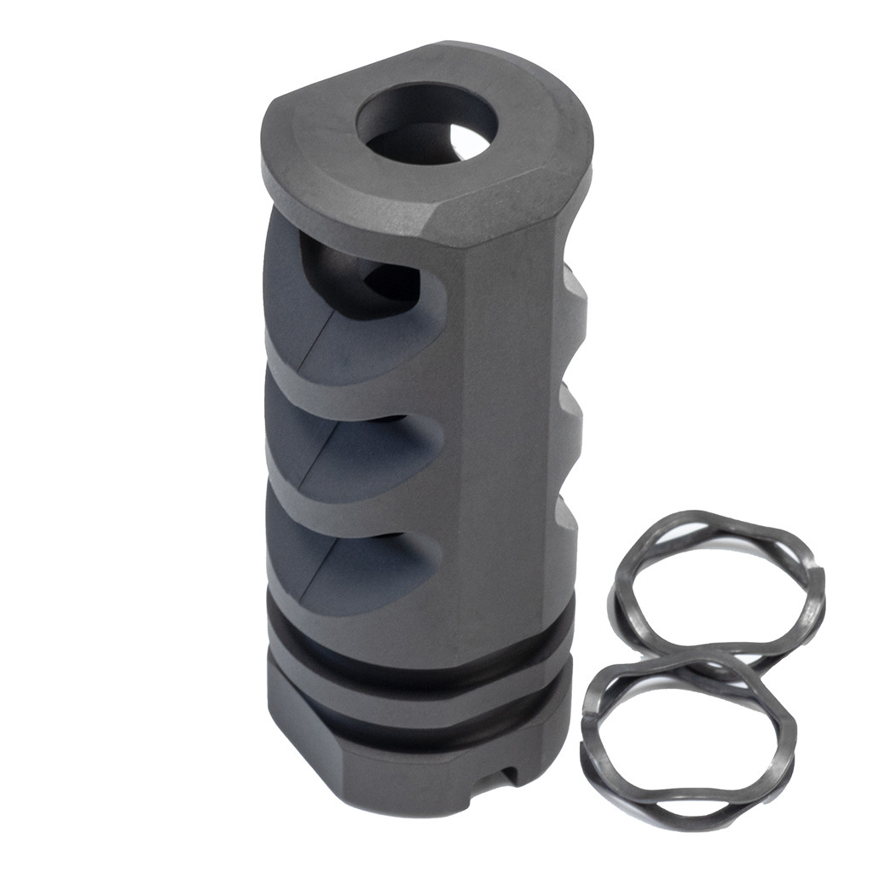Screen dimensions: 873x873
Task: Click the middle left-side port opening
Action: (x=341, y=443)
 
